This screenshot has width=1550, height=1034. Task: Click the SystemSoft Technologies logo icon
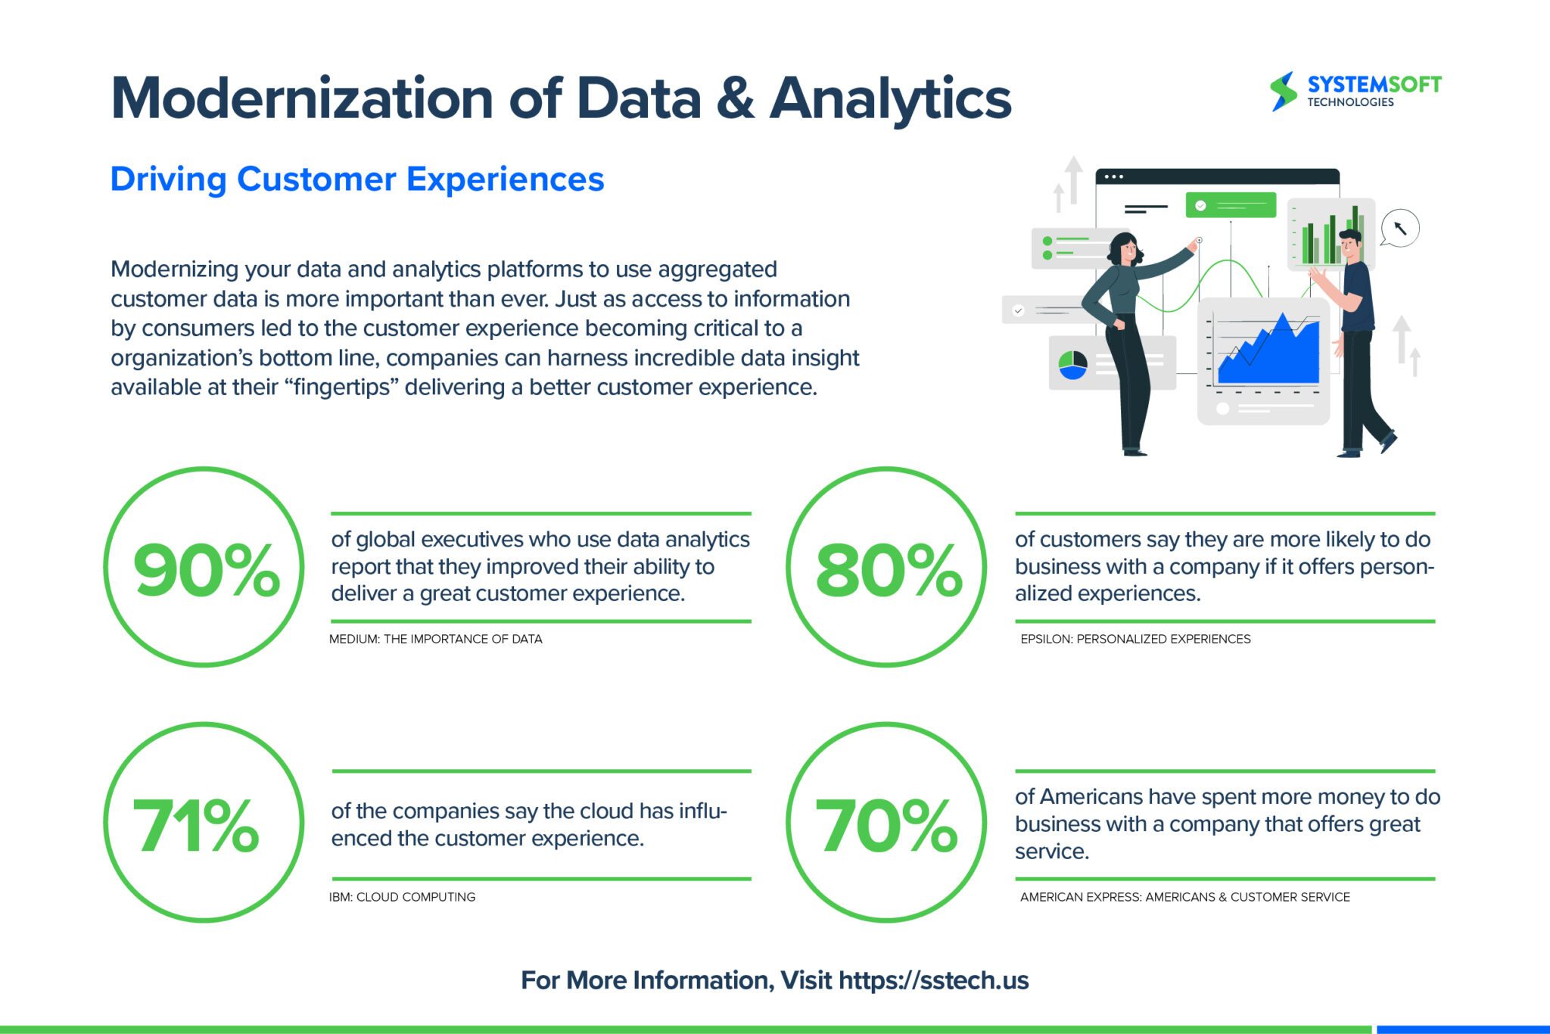tap(1283, 92)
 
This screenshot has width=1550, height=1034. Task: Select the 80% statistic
tap(889, 570)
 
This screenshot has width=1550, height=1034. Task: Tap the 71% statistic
tap(196, 826)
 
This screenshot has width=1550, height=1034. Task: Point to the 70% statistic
tap(885, 826)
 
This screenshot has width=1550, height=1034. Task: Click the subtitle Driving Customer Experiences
tap(357, 179)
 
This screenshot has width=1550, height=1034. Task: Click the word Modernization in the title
tap(302, 99)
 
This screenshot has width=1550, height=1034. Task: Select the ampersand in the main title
tap(735, 99)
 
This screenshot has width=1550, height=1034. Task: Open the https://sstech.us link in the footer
tap(933, 980)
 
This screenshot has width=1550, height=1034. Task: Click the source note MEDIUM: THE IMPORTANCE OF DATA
tap(435, 639)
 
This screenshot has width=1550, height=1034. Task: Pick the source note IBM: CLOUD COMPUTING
tap(402, 897)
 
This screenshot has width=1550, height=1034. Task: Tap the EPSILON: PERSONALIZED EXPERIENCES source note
tap(1135, 639)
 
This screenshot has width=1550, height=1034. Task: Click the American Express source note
tap(1184, 897)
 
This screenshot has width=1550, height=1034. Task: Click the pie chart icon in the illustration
tap(1072, 364)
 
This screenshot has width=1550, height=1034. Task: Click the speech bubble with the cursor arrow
tap(1399, 228)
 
